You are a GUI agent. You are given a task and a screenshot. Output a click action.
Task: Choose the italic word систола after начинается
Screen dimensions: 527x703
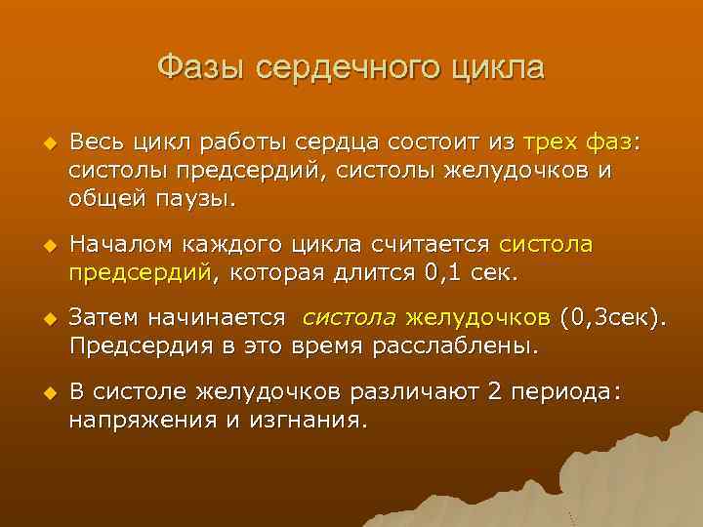349,318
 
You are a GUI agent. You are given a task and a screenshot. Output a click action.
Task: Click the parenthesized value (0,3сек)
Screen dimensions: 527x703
615,318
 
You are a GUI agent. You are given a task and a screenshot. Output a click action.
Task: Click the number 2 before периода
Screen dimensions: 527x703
494,392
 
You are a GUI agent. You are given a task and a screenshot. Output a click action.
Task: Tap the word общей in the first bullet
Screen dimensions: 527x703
103,201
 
